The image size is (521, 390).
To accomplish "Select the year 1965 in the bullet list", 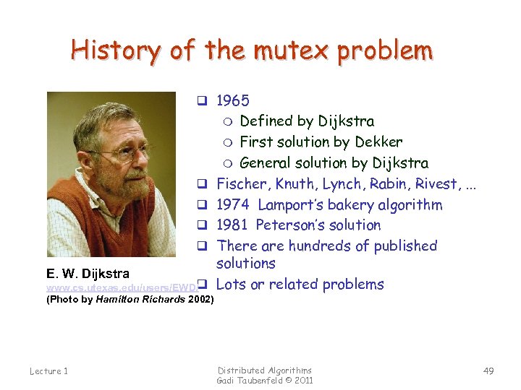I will [x=233, y=100].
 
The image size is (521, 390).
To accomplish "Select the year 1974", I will [x=234, y=204].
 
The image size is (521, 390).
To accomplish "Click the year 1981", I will [x=234, y=225].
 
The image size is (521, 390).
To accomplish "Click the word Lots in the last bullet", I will [x=232, y=284].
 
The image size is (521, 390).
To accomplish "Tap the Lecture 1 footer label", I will [x=49, y=370].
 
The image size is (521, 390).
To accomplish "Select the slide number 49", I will [x=488, y=370].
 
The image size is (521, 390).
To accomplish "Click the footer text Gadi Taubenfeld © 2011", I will [x=265, y=380].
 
